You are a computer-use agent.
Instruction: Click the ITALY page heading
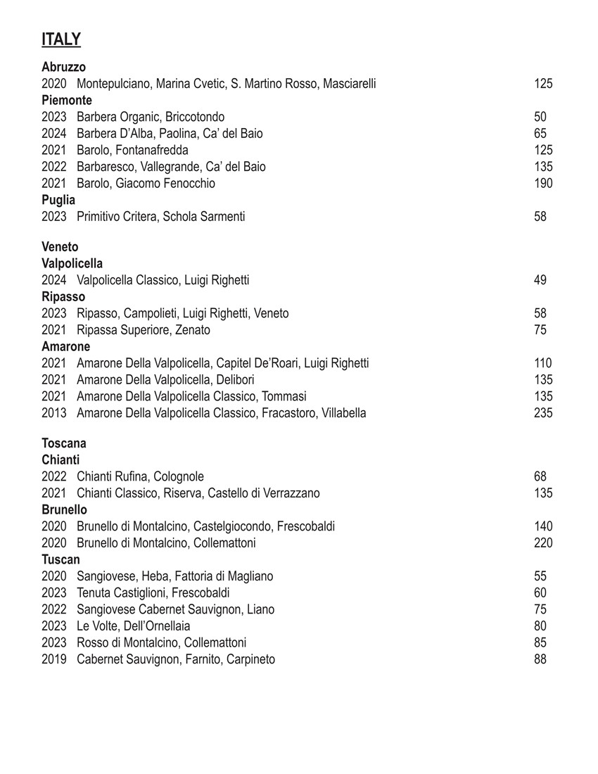coord(61,39)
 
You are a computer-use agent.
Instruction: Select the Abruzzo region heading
coord(63,67)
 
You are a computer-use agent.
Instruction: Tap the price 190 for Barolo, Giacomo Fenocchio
coord(543,184)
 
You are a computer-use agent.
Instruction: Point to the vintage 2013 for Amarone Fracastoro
coord(53,413)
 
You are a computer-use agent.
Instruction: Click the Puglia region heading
coord(58,200)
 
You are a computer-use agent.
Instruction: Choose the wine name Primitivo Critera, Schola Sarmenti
coord(160,217)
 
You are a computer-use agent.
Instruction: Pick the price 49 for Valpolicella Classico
coord(540,280)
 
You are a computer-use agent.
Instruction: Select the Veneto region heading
coord(60,247)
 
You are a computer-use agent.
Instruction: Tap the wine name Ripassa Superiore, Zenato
coord(144,330)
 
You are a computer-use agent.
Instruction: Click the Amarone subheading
coord(65,346)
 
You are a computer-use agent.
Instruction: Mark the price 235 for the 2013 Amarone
coord(543,413)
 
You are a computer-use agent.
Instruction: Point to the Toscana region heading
coord(64,443)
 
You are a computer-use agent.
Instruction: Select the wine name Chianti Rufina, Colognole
coord(140,477)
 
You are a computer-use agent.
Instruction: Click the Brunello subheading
coord(64,509)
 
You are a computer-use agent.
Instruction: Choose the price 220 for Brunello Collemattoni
coord(543,543)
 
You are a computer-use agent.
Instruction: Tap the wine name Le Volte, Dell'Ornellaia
coord(133,626)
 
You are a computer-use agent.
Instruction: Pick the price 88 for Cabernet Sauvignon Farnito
coord(540,659)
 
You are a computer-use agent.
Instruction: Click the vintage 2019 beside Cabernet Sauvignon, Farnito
coord(53,659)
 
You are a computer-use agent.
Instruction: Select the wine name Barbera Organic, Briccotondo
coord(151,117)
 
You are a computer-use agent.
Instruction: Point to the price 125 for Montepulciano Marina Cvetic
coord(543,84)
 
